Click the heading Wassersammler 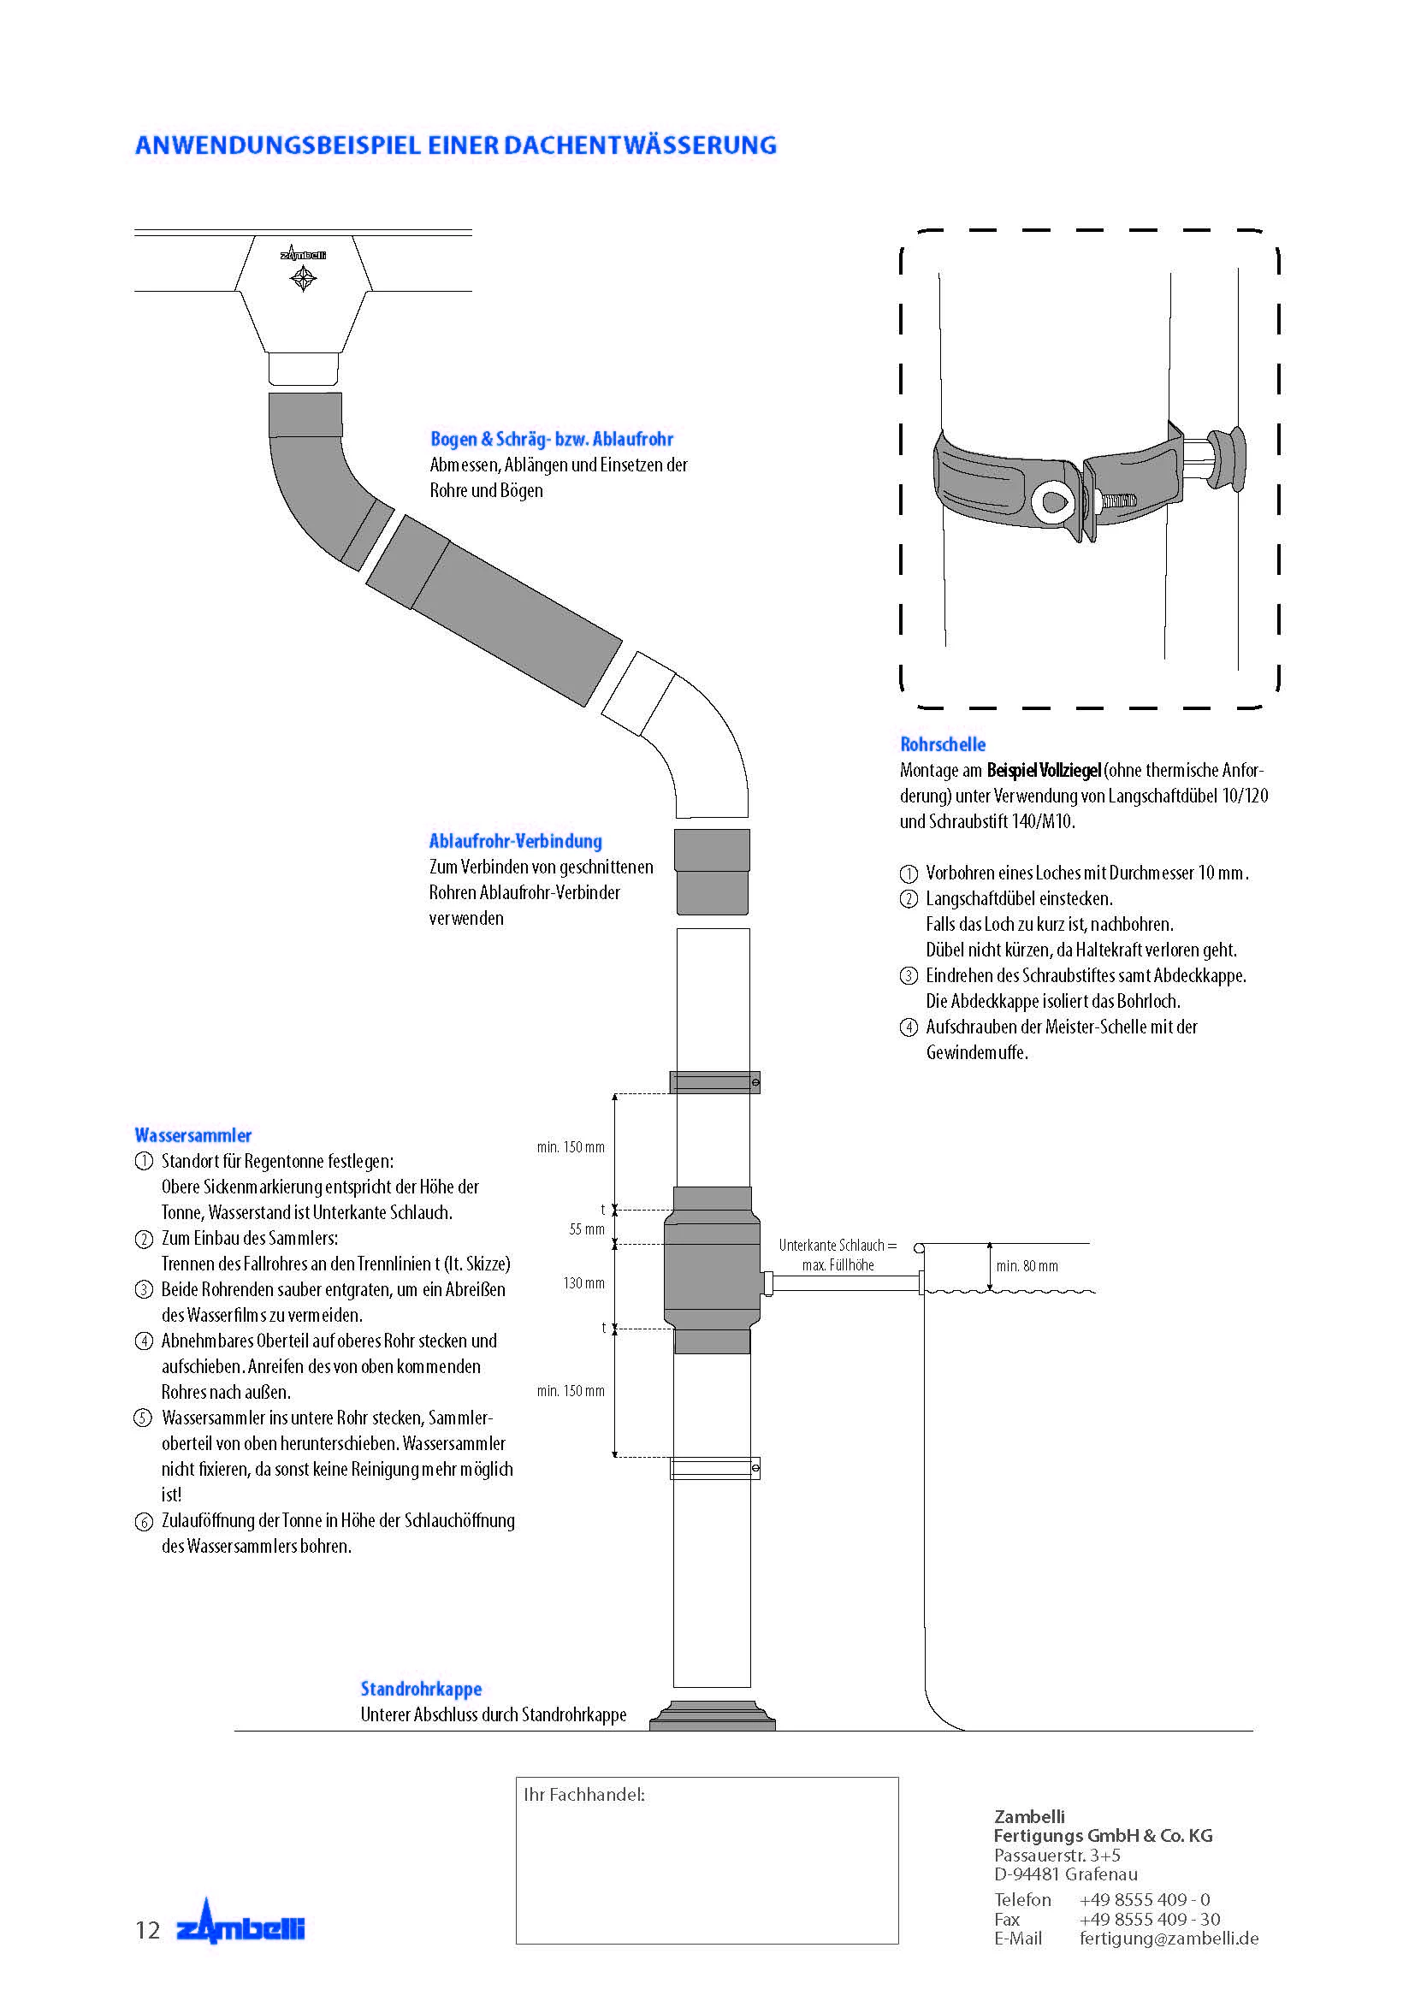pos(192,1134)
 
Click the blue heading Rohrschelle pos(942,744)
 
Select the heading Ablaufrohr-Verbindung pos(515,841)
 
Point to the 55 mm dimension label pos(586,1229)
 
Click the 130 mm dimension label pos(583,1283)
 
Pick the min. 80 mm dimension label pos(1027,1266)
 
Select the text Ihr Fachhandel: pos(583,1795)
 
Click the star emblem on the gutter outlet pos(302,279)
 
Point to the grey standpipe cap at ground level pos(712,1716)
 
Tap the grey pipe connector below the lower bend pos(712,872)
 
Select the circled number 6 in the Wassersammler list pos(144,1523)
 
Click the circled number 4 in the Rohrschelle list pos(908,1027)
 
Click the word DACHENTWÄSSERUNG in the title pos(640,145)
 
